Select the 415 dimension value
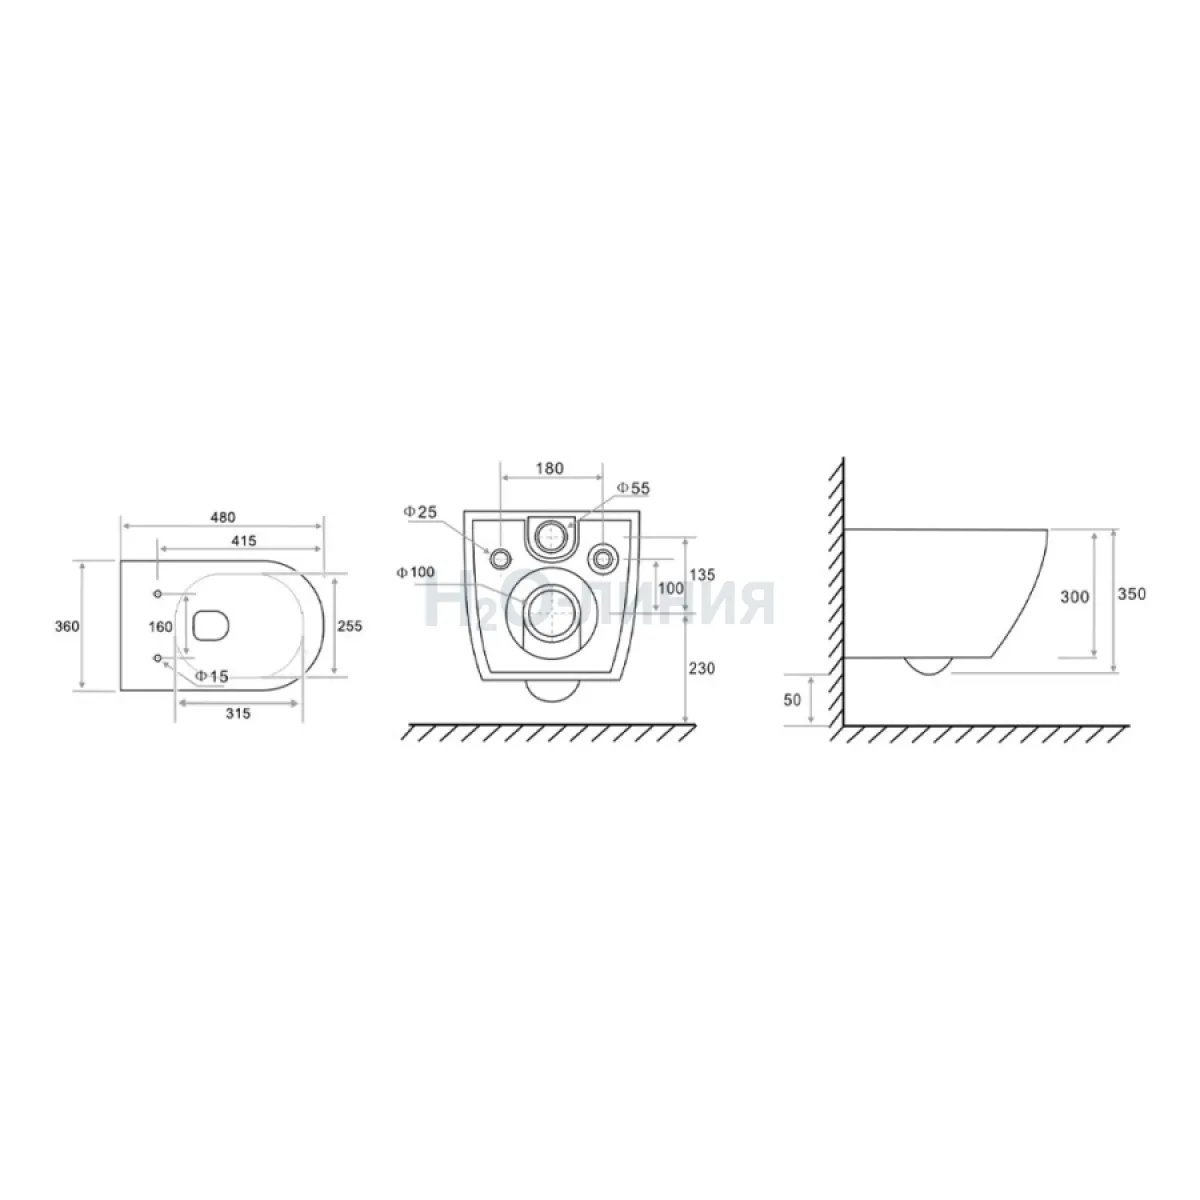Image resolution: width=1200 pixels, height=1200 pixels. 243,541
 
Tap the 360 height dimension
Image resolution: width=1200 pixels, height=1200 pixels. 67,626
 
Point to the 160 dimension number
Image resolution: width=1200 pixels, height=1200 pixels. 160,627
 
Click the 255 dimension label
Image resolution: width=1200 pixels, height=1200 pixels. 349,626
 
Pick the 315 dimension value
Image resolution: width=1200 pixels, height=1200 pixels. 238,714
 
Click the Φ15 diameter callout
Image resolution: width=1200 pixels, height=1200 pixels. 212,676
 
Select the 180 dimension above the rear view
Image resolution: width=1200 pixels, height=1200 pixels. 549,468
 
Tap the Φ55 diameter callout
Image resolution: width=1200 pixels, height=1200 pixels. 634,489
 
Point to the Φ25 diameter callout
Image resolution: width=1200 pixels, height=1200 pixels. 420,512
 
